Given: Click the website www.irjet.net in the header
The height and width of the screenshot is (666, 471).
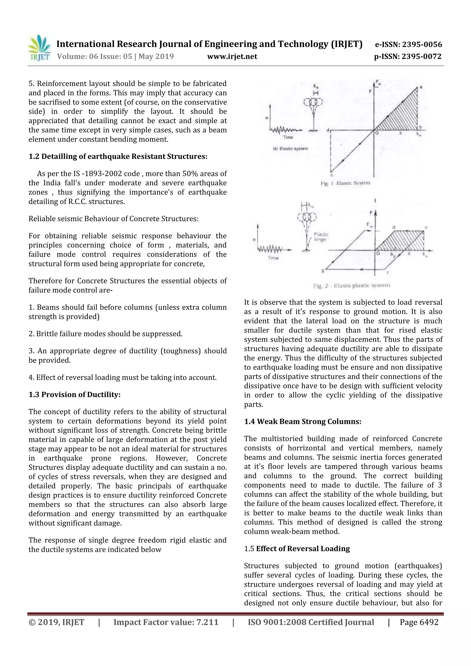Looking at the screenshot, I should click(232, 57).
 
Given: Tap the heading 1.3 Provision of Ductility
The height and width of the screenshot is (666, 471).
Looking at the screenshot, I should click(74, 394).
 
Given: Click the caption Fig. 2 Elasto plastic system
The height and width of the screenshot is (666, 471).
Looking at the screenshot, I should click(351, 286).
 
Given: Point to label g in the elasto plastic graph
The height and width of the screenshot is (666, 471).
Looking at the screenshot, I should click(323, 270).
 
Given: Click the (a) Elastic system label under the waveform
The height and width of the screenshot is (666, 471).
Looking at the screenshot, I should click(290, 149).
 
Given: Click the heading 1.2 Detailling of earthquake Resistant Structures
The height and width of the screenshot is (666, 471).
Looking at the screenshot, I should click(118, 157).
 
